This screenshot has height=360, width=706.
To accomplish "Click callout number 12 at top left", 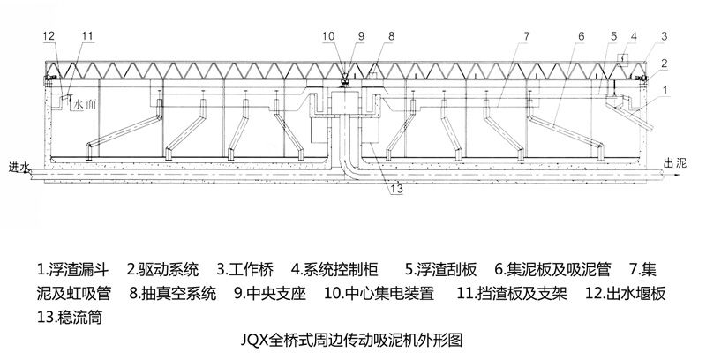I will coord(48,35).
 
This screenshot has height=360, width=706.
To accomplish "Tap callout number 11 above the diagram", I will coord(85,35).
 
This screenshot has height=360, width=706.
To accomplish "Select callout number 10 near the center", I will coord(327,35).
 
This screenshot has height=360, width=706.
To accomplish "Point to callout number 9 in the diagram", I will coord(360,35).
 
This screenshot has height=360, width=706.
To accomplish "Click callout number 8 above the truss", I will coord(390,35).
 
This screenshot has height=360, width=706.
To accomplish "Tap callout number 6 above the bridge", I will coord(581,35).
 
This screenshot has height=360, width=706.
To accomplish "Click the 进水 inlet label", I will coord(19,166).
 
